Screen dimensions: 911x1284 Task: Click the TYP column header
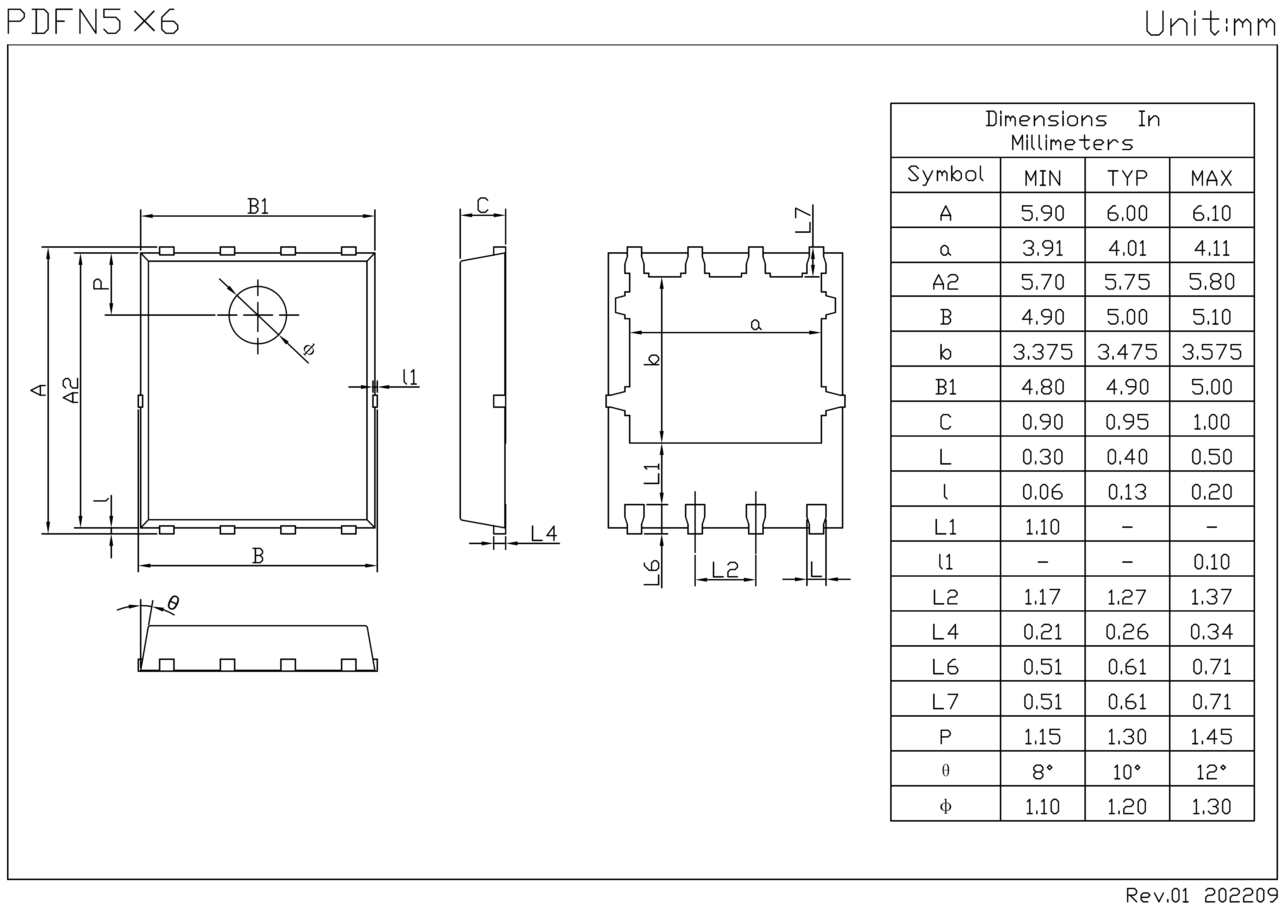click(x=1127, y=178)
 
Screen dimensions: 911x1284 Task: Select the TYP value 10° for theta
click(x=1127, y=772)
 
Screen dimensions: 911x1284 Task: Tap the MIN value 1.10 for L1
click(x=1042, y=527)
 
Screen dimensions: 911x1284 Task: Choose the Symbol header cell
click(x=945, y=174)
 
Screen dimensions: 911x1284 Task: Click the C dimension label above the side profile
click(x=482, y=205)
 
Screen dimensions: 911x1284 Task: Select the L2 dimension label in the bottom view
click(x=725, y=570)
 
